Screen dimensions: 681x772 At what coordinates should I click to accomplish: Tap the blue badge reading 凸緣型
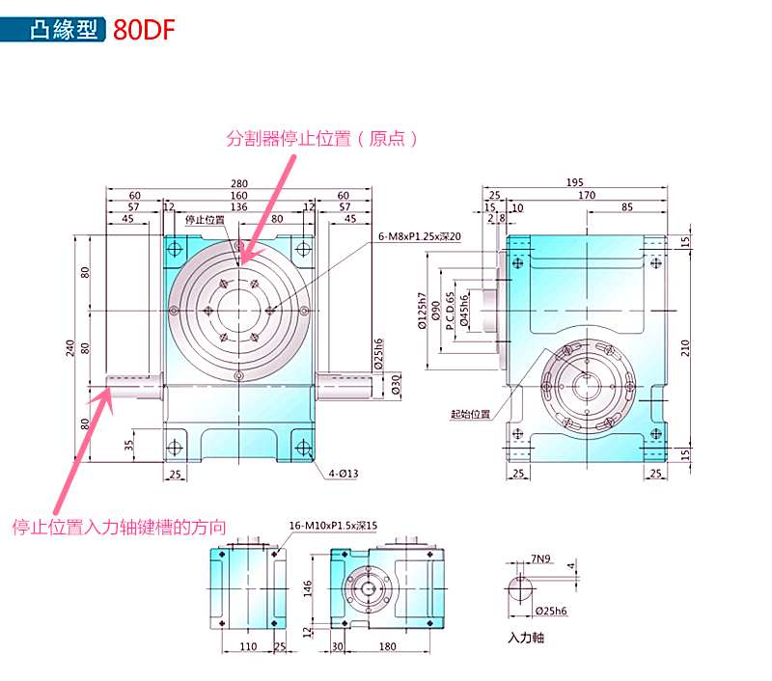coord(64,28)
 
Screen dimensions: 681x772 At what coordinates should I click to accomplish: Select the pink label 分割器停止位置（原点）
coord(323,139)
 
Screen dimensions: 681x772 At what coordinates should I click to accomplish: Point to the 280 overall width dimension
coord(238,184)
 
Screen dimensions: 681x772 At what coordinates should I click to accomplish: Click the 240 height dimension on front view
coord(70,348)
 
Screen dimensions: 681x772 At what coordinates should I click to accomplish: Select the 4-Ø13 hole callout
coord(342,474)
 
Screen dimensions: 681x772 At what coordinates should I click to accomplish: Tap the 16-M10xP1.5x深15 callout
coord(333,526)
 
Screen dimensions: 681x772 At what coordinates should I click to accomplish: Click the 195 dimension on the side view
coord(574,184)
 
